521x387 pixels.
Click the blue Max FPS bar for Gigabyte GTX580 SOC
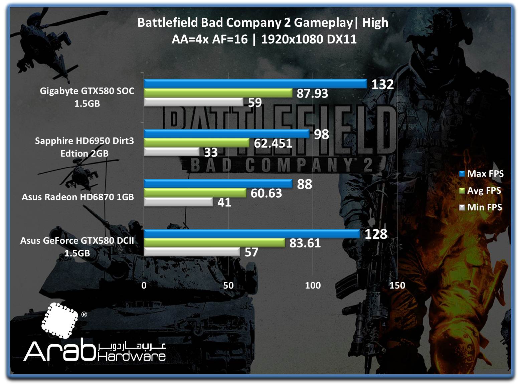(x=255, y=84)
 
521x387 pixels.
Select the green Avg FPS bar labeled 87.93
(x=218, y=93)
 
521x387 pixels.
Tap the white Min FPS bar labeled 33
(x=172, y=152)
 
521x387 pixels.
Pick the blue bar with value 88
(x=218, y=184)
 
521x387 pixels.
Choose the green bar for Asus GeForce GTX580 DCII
(x=214, y=243)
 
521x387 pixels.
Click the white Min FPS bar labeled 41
(x=178, y=202)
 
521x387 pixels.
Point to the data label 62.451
(x=273, y=143)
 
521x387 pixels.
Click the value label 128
(x=376, y=234)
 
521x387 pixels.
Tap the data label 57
(x=251, y=252)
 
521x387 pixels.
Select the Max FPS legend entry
(x=481, y=174)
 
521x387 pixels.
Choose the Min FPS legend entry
(x=481, y=207)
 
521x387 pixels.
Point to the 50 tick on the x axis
(x=228, y=285)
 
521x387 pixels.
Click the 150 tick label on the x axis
(x=397, y=285)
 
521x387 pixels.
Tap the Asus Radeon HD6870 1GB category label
(x=78, y=197)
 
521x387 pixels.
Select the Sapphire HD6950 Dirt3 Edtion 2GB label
(x=84, y=147)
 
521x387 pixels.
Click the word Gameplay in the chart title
(x=323, y=22)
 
